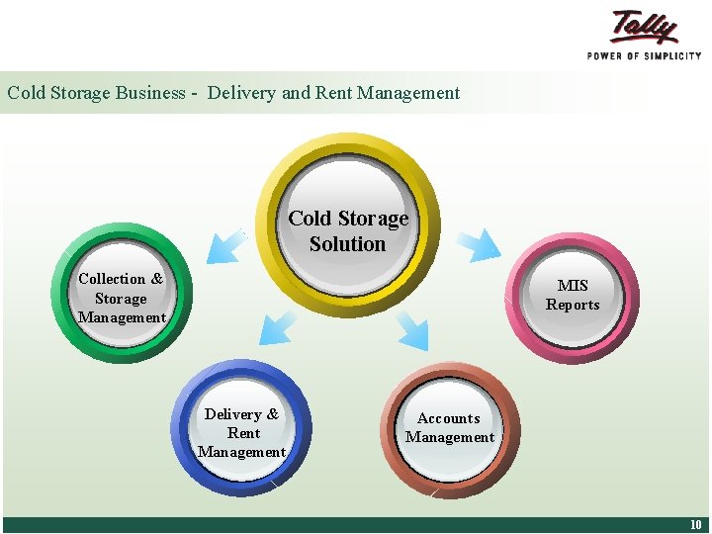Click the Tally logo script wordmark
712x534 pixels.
pos(645,28)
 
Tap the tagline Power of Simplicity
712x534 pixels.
pos(644,56)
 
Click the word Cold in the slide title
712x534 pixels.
pos(27,93)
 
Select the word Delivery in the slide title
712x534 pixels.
pos(242,93)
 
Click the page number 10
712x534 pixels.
pos(695,525)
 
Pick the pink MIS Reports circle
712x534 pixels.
pos(573,297)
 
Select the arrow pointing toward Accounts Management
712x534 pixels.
pos(412,331)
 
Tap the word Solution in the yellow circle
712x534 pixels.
pos(347,243)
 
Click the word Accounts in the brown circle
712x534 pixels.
pos(449,418)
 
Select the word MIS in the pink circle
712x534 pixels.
pos(573,286)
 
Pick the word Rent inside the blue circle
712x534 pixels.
pos(243,433)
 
